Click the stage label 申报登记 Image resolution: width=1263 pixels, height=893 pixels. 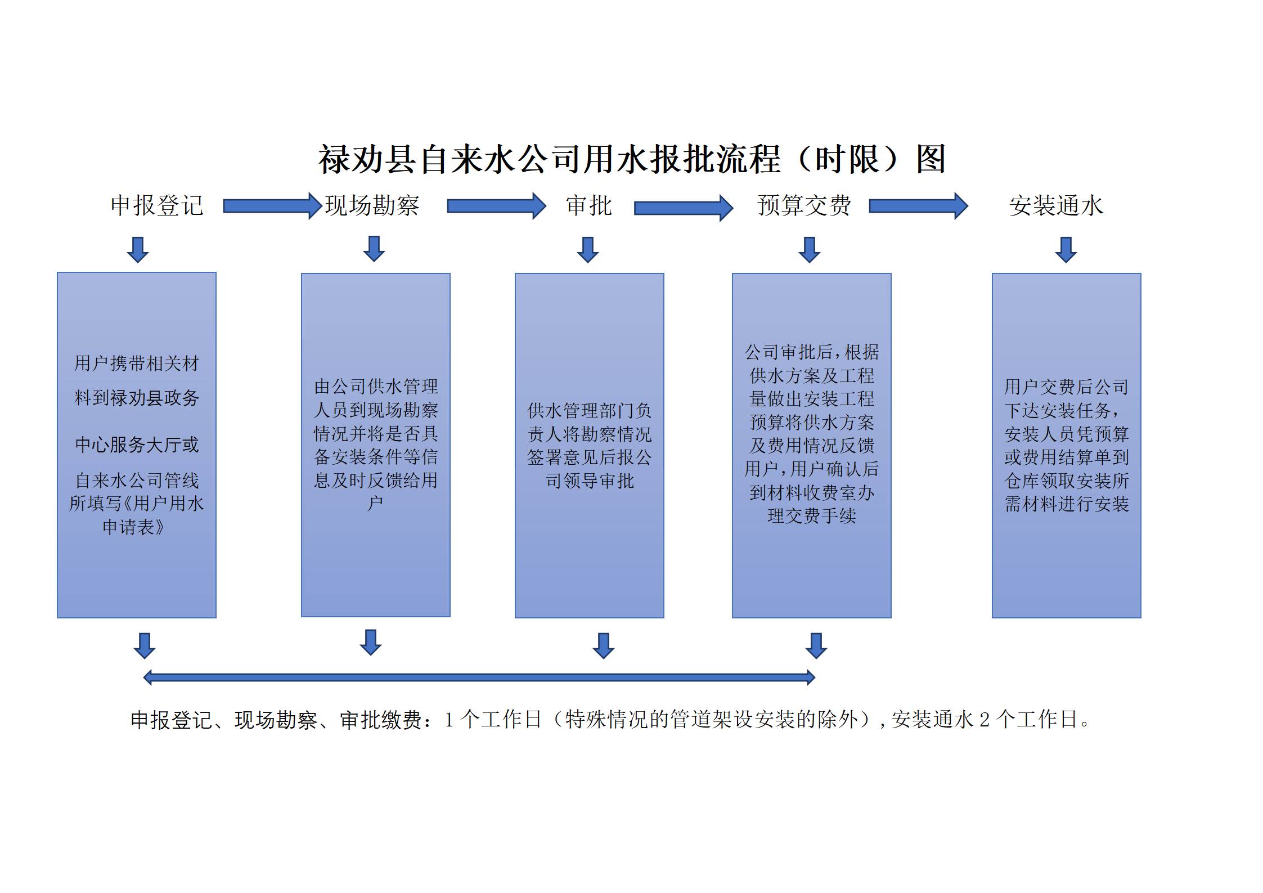[x=156, y=205]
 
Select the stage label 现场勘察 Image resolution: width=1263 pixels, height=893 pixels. [x=372, y=205]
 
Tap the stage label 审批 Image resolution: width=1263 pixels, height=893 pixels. [x=588, y=205]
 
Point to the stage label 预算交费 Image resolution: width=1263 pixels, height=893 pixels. [x=804, y=205]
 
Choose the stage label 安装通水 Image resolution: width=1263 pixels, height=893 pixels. [x=1056, y=205]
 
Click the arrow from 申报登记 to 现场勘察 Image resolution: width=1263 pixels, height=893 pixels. [x=272, y=206]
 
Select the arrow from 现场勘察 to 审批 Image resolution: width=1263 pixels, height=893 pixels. [x=496, y=206]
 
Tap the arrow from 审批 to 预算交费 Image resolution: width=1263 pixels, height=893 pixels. [x=684, y=208]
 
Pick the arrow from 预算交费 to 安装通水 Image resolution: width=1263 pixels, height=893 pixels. [x=918, y=206]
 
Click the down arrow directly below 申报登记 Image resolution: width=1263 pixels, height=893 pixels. [x=138, y=250]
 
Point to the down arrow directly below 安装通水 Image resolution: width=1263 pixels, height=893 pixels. [x=1066, y=250]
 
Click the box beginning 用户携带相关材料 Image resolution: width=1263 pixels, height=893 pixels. [x=137, y=445]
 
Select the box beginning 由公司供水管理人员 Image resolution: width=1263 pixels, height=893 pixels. [x=376, y=445]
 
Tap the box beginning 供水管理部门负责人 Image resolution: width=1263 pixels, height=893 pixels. [x=590, y=446]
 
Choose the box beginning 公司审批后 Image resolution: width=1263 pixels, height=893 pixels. [x=812, y=446]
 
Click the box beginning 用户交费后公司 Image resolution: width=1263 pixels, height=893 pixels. [x=1067, y=446]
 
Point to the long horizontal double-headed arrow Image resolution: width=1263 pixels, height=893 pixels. [x=479, y=677]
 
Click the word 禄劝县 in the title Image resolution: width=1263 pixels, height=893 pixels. [x=367, y=159]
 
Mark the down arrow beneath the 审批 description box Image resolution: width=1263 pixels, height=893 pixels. [x=604, y=646]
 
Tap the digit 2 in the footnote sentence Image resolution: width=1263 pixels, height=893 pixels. [x=985, y=720]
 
